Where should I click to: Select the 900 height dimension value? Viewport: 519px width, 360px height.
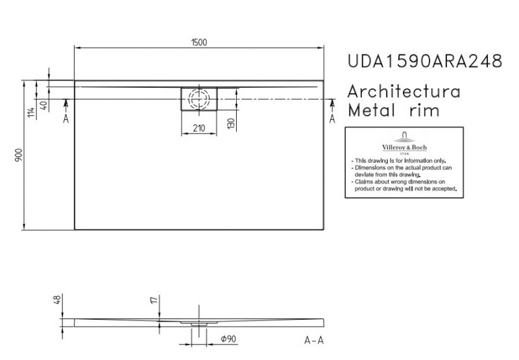pos(19,155)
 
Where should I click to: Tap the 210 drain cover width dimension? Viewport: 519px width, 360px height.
pos(199,128)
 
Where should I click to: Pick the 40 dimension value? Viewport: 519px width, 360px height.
pos(43,106)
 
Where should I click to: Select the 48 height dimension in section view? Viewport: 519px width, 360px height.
pos(56,301)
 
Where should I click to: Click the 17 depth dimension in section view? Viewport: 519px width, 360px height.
pos(153,301)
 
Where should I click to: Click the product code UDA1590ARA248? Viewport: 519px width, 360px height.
pos(424,62)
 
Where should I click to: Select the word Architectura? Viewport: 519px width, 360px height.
pos(405,91)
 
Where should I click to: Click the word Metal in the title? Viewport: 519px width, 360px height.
pos(370,110)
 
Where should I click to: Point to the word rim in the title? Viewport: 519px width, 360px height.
pos(424,110)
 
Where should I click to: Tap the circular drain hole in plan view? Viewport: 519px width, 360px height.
pos(199,99)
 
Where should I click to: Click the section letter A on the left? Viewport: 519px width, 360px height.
pos(66,119)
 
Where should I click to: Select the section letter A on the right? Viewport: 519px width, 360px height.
pos(333,119)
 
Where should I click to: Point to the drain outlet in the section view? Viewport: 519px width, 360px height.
pos(199,322)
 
